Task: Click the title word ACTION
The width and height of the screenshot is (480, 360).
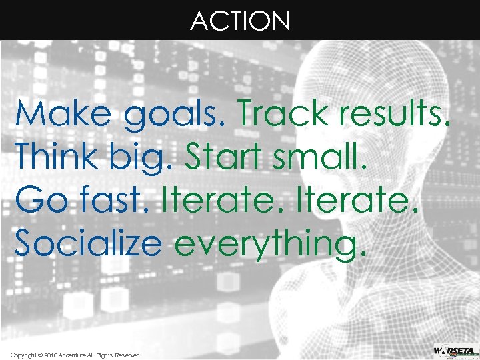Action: [240, 21]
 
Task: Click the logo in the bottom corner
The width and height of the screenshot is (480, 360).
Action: [455, 351]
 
